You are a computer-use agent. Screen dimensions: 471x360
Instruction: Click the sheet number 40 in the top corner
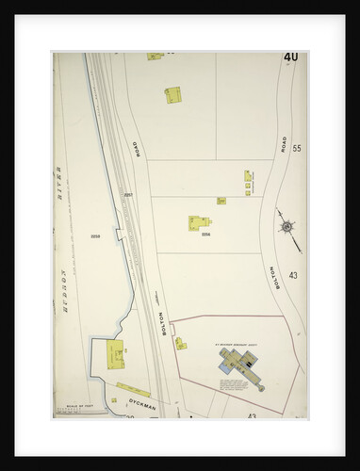coord(290,57)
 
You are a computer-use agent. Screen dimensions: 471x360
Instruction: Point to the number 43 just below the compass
coord(293,275)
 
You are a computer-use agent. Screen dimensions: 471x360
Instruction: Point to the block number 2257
coord(128,195)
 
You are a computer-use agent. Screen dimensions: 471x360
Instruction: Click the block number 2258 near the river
coord(94,235)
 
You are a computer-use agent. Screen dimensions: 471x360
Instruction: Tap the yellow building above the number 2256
coord(199,223)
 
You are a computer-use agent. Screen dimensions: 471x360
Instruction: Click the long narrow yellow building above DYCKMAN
coord(133,388)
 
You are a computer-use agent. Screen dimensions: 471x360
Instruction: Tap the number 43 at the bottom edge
coord(252,414)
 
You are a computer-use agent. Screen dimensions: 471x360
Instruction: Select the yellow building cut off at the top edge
coord(155,57)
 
